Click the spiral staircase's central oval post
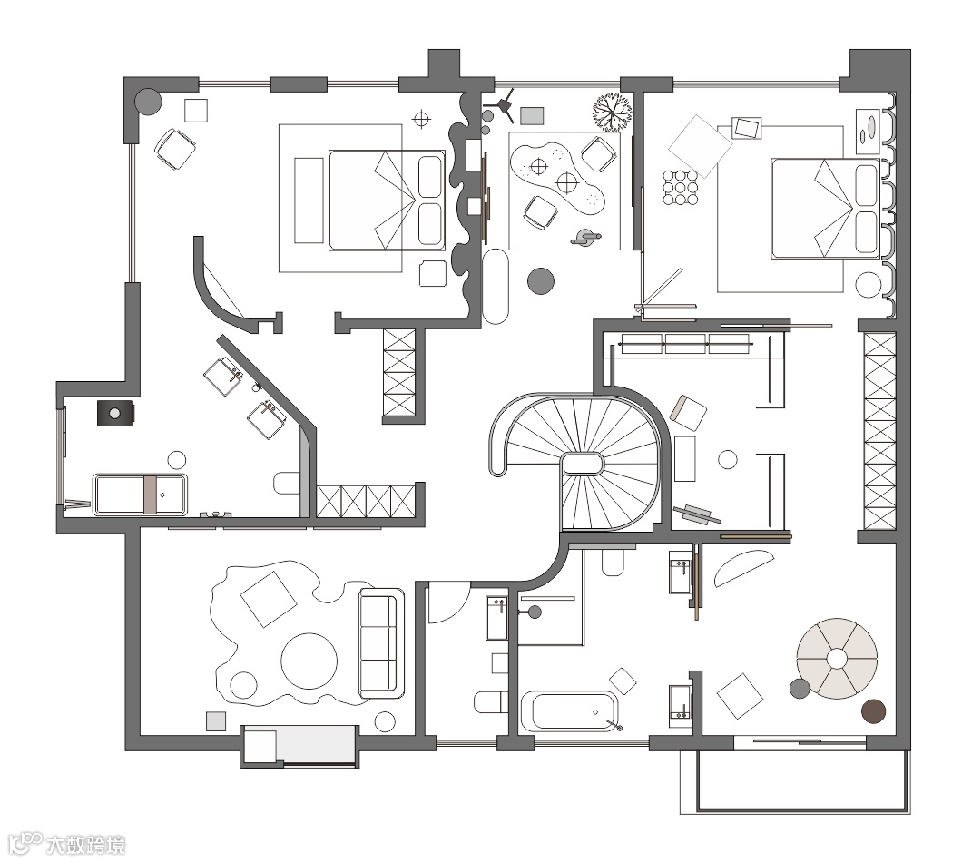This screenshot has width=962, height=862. pyautogui.click(x=583, y=464)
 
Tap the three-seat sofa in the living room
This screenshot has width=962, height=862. pyautogui.click(x=381, y=643)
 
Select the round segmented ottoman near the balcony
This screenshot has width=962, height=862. pyautogui.click(x=837, y=659)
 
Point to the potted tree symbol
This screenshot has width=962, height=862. pyautogui.click(x=613, y=112)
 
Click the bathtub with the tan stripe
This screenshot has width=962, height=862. pyautogui.click(x=141, y=494)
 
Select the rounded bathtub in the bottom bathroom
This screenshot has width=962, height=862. pyautogui.click(x=569, y=711)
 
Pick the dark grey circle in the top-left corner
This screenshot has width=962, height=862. pyautogui.click(x=148, y=103)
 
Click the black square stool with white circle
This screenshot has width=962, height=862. pyautogui.click(x=114, y=414)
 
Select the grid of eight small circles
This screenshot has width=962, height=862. pyautogui.click(x=681, y=187)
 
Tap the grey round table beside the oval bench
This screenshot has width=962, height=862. pyautogui.click(x=541, y=281)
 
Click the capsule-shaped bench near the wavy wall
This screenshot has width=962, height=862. pyautogui.click(x=496, y=287)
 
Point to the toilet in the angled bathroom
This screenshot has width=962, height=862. pyautogui.click(x=287, y=484)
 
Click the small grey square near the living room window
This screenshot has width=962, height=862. pyautogui.click(x=216, y=720)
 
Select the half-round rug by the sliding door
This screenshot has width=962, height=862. pyautogui.click(x=743, y=568)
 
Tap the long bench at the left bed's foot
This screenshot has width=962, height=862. pyautogui.click(x=309, y=201)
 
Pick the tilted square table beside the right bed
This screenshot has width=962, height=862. pyautogui.click(x=700, y=146)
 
